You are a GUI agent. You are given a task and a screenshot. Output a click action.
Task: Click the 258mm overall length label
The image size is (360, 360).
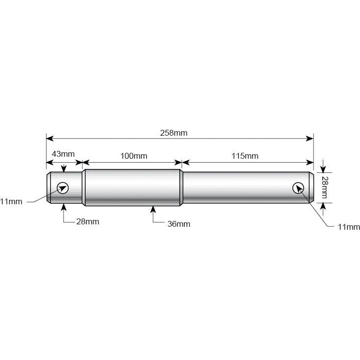pyautogui.click(x=173, y=132)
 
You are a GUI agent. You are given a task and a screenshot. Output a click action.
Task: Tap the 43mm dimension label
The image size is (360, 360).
pyautogui.click(x=63, y=154)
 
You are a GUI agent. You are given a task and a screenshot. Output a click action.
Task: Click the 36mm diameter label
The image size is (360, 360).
pyautogui.click(x=178, y=224)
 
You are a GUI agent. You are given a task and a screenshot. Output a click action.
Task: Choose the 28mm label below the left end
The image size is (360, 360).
pyautogui.click(x=87, y=221)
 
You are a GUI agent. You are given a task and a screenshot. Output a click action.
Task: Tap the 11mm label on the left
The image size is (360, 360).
pyautogui.click(x=11, y=201)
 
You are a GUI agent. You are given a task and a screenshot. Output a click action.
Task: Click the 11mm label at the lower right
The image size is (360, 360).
pyautogui.click(x=348, y=227)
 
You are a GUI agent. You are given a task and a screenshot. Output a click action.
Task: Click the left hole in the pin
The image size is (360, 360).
pyautogui.click(x=63, y=187)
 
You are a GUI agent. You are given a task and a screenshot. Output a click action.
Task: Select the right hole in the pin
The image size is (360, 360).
pyautogui.click(x=298, y=188)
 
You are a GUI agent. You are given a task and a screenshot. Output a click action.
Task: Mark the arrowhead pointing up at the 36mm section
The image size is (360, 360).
pyautogui.click(x=153, y=210)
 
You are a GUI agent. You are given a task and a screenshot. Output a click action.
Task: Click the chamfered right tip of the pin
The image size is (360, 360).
pyautogui.click(x=311, y=187)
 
